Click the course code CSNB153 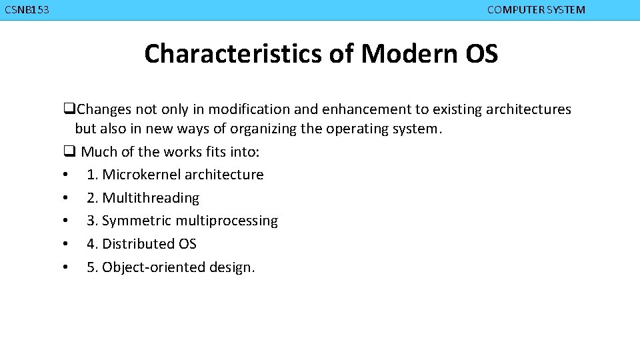coord(27,10)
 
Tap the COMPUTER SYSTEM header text coord(536,10)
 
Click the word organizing coord(263,129)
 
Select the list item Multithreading coord(151,198)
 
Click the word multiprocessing coord(223,221)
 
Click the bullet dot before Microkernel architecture coord(65,175)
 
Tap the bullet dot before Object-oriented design coord(65,268)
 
